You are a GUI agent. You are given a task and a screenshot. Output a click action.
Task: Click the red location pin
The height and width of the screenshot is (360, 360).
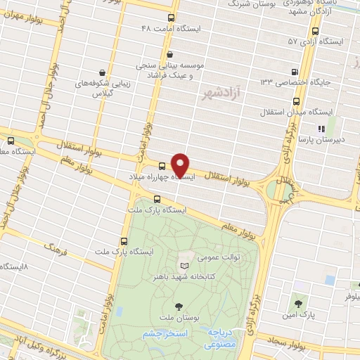[x=181, y=165]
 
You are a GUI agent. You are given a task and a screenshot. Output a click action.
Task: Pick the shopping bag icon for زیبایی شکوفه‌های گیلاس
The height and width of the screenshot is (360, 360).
[x=103, y=72]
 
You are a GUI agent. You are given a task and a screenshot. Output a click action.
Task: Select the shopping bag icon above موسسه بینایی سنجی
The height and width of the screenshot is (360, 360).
[x=169, y=53]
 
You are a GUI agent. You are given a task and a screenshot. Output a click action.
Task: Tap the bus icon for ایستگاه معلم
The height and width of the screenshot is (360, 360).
[x=11, y=140]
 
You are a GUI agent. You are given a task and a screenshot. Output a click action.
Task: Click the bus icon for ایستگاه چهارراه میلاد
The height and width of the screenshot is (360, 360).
[x=162, y=166]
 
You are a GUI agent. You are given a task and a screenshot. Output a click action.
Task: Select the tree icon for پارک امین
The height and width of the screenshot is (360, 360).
[x=299, y=304]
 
